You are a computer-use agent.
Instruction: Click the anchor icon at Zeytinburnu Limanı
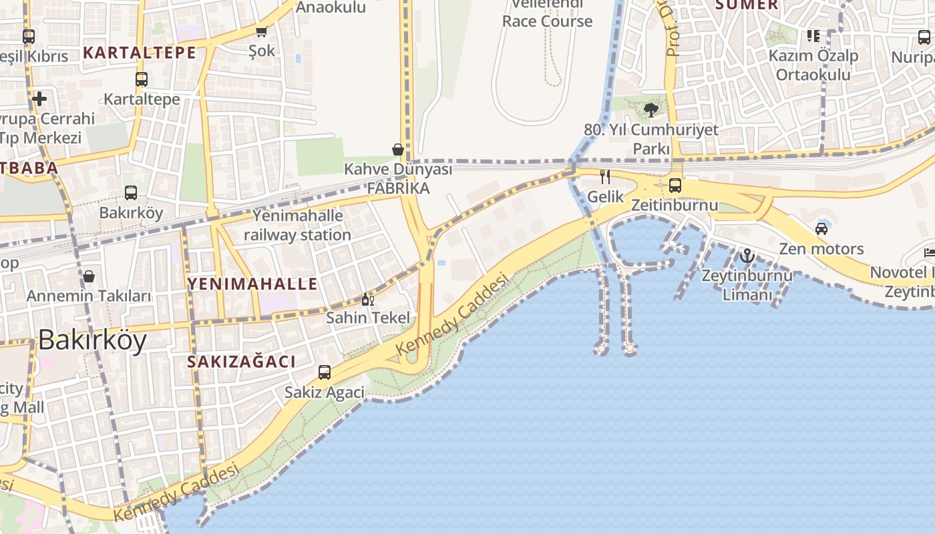[747, 256]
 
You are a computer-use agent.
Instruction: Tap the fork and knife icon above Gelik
[605, 177]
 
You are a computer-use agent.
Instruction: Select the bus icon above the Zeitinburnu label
[675, 185]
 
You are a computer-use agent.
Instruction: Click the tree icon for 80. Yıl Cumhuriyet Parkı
[651, 110]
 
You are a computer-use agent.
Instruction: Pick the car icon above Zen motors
[821, 229]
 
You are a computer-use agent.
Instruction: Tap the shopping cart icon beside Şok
[262, 31]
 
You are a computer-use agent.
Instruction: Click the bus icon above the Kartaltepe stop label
[142, 79]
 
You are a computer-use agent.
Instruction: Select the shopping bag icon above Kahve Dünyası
[398, 150]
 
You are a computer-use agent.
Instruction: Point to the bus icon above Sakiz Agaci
[325, 372]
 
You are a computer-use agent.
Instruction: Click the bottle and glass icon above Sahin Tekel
[368, 299]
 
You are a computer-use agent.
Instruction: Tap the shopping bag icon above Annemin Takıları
[89, 276]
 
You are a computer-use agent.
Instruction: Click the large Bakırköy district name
[92, 340]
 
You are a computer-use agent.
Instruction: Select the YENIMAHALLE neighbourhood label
[252, 284]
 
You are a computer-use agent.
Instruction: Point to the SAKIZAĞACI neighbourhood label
[241, 362]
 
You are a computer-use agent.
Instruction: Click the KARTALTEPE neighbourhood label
[140, 52]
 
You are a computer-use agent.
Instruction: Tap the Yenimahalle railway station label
[297, 225]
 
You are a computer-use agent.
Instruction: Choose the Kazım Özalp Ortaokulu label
[813, 65]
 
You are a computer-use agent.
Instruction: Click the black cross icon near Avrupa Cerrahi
[39, 99]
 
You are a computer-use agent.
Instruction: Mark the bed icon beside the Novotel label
[930, 252]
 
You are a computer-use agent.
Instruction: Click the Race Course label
[547, 21]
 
